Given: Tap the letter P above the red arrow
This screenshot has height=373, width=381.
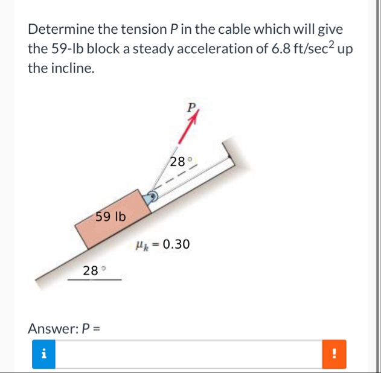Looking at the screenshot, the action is tap(191, 107).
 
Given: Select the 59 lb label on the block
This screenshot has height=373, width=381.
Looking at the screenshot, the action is tap(110, 216).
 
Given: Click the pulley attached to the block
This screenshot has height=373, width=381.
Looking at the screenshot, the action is tap(153, 196).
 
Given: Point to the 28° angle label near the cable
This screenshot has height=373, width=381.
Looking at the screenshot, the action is tap(181, 162).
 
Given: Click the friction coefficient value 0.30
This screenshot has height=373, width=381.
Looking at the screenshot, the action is tap(176, 244).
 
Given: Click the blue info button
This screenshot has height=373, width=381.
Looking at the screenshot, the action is tap(43, 354).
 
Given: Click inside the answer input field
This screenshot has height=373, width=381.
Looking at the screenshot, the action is tap(189, 354).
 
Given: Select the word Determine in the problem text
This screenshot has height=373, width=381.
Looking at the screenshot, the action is tap(61, 29).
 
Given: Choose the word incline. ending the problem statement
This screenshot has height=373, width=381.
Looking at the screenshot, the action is tap(72, 68).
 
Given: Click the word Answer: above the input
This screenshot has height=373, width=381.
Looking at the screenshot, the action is tap(53, 328).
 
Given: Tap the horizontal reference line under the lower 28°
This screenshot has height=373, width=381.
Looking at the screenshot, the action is tap(95, 280).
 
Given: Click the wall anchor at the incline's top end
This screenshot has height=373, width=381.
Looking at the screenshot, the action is tap(228, 153).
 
